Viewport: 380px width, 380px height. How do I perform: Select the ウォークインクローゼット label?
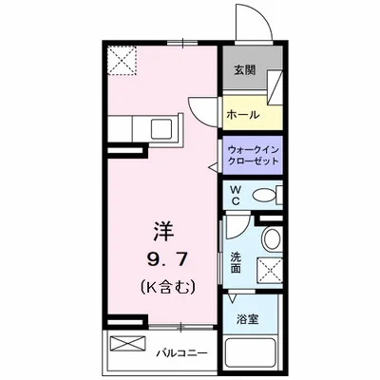pyautogui.click(x=253, y=154)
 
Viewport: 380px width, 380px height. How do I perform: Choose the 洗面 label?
pyautogui.click(x=237, y=261)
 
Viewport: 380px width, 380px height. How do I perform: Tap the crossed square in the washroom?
pyautogui.click(x=271, y=271)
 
